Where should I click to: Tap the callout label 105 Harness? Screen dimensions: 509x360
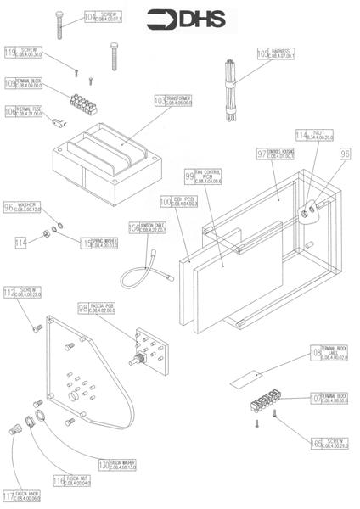pyautogui.click(x=276, y=53)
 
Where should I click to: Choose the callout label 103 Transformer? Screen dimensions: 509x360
pyautogui.click(x=172, y=100)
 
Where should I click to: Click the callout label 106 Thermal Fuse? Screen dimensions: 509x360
pyautogui.click(x=23, y=111)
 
